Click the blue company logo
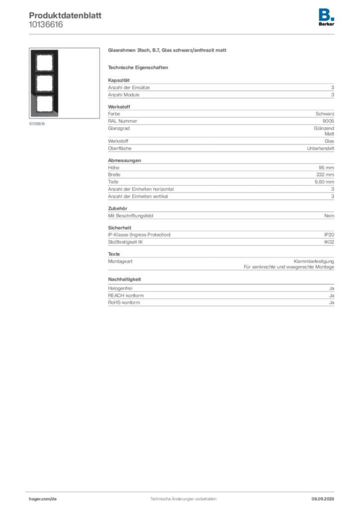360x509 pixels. pyautogui.click(x=327, y=14)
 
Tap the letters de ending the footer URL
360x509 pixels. pyautogui.click(x=55, y=498)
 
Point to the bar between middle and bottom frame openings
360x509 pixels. pyautogui.click(x=44, y=94)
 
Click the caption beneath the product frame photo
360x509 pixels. pyautogui.click(x=38, y=124)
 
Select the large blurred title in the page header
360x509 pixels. pyautogui.click(x=65, y=14)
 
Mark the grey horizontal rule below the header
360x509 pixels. pyautogui.click(x=183, y=33)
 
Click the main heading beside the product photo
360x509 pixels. pyautogui.click(x=169, y=51)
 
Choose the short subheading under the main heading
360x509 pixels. pyautogui.click(x=140, y=67)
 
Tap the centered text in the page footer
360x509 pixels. pyautogui.click(x=183, y=497)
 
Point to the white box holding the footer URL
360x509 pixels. pyautogui.click(x=56, y=499)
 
